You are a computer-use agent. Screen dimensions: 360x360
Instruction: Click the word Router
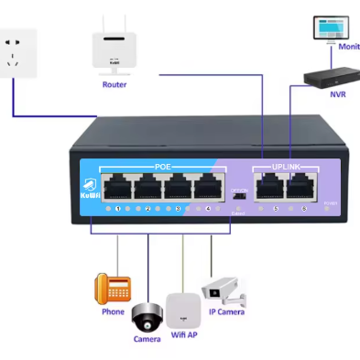(x=114, y=84)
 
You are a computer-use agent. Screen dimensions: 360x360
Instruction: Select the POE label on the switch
(x=162, y=168)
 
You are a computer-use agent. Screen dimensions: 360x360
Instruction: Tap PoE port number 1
(x=117, y=190)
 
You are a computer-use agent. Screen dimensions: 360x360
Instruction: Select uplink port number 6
(x=298, y=190)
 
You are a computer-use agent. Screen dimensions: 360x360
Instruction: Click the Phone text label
(x=112, y=311)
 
